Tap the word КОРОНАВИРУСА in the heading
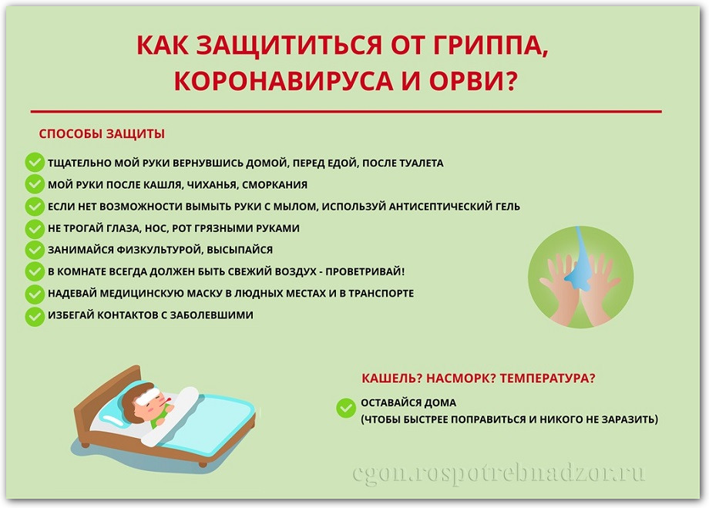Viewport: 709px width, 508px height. click(284, 80)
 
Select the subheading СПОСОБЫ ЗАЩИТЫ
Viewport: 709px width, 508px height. click(102, 134)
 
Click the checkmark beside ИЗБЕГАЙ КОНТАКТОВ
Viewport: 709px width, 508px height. click(35, 315)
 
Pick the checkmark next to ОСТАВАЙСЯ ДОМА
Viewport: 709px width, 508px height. click(346, 408)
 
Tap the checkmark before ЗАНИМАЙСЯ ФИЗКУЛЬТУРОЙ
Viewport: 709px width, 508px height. click(35, 250)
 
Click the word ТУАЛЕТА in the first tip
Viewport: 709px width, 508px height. click(422, 163)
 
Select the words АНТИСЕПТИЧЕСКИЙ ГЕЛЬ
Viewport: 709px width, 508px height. click(455, 207)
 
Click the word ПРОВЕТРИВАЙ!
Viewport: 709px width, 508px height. click(365, 271)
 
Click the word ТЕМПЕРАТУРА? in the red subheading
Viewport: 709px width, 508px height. click(548, 378)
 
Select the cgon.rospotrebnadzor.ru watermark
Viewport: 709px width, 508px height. click(499, 474)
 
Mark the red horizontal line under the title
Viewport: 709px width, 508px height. click(346, 111)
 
